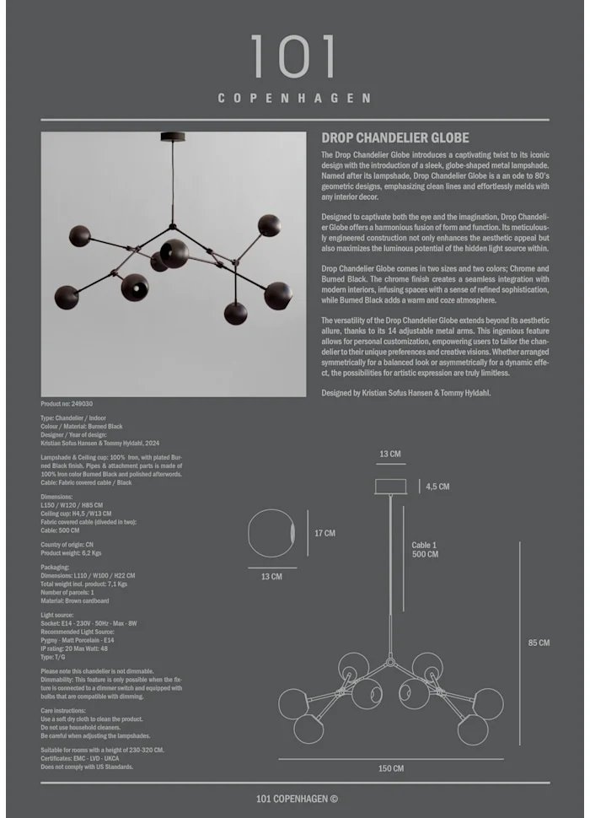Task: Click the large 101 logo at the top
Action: click(294, 57)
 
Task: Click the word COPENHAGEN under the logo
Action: click(294, 98)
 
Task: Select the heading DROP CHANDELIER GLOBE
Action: click(395, 137)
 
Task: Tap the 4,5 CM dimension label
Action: click(437, 487)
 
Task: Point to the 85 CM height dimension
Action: click(539, 643)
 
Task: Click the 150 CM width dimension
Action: click(391, 768)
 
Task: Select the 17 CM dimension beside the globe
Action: click(324, 533)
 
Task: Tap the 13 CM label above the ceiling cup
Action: click(390, 454)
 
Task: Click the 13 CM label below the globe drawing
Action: click(271, 577)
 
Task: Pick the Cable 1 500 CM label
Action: click(425, 549)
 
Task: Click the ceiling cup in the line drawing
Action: click(390, 487)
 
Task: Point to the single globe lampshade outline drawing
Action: click(271, 535)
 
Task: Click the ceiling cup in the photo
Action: click(174, 137)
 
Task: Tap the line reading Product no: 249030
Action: click(67, 404)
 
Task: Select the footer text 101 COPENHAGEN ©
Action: click(297, 799)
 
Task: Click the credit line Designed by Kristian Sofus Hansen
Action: click(405, 393)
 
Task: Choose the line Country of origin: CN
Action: click(67, 545)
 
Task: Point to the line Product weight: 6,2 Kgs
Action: click(71, 552)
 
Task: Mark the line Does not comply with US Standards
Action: click(87, 767)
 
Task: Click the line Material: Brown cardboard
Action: click(74, 600)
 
